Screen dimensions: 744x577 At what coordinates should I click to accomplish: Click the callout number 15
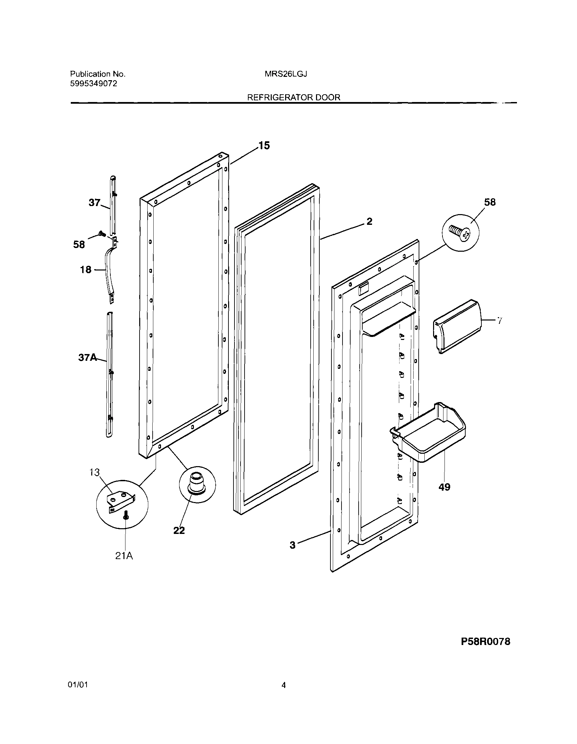(264, 146)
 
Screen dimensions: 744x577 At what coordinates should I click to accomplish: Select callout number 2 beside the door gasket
(369, 221)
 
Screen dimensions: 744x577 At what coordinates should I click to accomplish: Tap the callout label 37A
(88, 357)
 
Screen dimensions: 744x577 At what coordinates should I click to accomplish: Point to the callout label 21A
(124, 556)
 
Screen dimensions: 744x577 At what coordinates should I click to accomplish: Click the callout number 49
(444, 487)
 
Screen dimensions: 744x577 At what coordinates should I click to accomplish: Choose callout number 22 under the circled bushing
(179, 531)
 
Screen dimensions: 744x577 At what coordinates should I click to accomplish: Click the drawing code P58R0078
(485, 642)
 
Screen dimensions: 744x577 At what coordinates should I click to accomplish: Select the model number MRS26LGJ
(286, 74)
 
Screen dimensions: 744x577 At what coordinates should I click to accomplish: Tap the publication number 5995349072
(94, 84)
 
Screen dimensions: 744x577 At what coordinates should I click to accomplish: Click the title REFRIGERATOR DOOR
(293, 97)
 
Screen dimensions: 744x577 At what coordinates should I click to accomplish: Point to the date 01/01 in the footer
(78, 685)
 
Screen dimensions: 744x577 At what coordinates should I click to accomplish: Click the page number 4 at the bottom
(283, 685)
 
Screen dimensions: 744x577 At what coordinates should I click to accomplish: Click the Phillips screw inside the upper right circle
(460, 233)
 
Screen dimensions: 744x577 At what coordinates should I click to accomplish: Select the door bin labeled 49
(431, 433)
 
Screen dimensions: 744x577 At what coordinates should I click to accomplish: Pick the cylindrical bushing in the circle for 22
(197, 482)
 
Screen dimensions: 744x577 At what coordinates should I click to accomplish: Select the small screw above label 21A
(126, 516)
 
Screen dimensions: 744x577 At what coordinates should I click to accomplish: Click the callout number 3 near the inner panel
(293, 545)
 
